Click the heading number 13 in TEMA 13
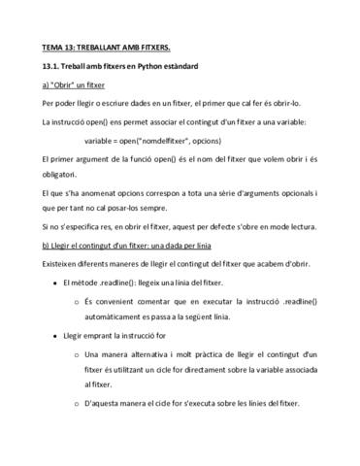(72, 47)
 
